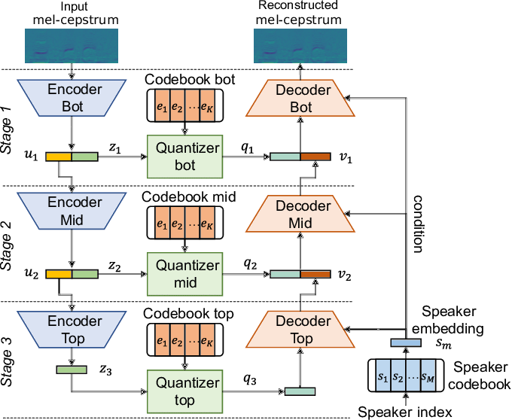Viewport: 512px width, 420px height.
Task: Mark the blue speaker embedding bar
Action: (x=405, y=343)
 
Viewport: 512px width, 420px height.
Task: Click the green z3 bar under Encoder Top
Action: (x=71, y=370)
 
